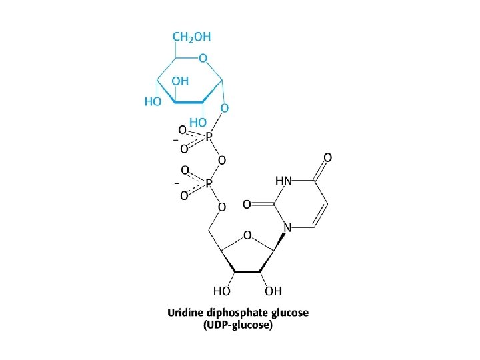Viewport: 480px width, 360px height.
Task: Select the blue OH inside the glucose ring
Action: [180, 81]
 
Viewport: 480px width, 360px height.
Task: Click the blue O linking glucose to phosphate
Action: [225, 107]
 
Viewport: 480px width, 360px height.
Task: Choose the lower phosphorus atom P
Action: [209, 182]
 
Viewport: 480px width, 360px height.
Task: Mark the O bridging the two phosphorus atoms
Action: [221, 160]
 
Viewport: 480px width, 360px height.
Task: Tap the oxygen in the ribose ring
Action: [247, 235]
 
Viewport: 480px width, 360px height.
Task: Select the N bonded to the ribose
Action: [287, 227]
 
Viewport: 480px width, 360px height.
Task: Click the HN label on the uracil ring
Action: [283, 180]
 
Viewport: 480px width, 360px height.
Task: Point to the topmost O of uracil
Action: [327, 158]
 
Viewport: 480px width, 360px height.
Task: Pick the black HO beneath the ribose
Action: [221, 291]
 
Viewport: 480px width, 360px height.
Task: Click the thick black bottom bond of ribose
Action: [247, 271]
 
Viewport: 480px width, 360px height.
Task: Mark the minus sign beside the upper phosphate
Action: [175, 139]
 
